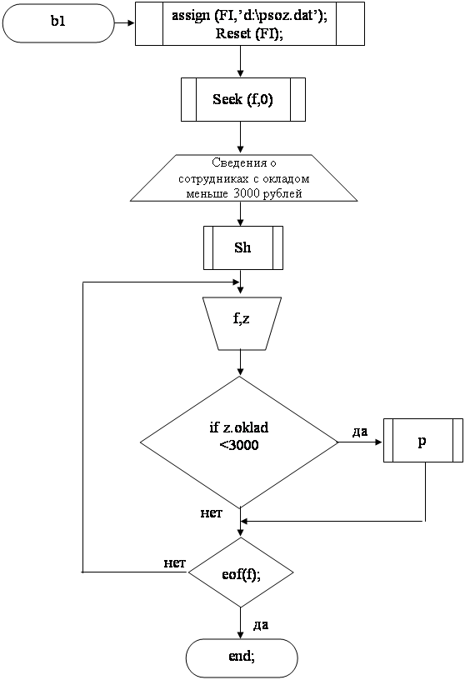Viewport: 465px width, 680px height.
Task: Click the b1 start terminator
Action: tap(58, 23)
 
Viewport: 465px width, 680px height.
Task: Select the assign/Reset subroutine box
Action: tap(250, 23)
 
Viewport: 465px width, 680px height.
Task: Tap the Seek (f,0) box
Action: tap(242, 99)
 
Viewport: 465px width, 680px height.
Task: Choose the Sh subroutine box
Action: tap(242, 247)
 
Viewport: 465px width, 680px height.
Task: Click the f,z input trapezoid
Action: tap(242, 323)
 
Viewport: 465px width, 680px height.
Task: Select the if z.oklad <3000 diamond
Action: tap(239, 442)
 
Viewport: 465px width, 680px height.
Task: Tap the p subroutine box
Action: tap(423, 440)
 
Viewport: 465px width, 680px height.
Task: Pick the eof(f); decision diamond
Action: tap(241, 572)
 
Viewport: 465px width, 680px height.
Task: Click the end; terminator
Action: tap(242, 657)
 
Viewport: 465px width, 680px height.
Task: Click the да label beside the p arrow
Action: tap(360, 432)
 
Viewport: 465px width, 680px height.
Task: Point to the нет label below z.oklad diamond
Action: tap(211, 513)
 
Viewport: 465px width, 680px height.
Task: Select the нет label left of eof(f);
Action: tap(174, 562)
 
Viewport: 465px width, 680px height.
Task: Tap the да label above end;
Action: tap(260, 625)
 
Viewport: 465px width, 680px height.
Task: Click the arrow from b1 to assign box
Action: tap(124, 22)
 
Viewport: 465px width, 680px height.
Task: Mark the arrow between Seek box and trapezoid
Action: tap(240, 137)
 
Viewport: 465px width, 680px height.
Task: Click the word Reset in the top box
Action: tap(233, 33)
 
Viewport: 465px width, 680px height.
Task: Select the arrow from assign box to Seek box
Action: tap(240, 62)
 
